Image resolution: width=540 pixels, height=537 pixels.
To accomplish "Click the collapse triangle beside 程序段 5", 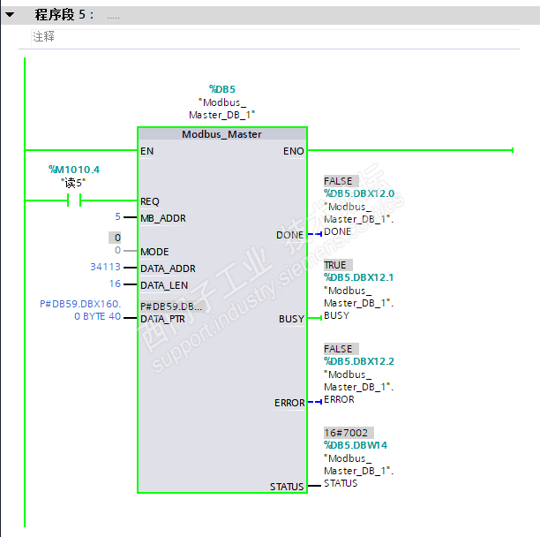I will [x=10, y=15].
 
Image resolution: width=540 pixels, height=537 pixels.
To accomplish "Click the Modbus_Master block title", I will [x=221, y=134].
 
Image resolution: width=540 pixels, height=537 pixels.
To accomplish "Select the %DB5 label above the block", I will [x=221, y=89].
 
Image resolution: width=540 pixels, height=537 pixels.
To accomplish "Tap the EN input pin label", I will [x=146, y=151].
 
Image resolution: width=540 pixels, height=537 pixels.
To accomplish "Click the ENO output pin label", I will [x=293, y=151].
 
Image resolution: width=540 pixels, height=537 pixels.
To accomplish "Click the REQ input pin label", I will [x=150, y=201].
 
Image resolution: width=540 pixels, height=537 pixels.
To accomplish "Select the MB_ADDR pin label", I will [x=163, y=217].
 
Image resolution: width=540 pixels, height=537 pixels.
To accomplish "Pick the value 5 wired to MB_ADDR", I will [x=117, y=217].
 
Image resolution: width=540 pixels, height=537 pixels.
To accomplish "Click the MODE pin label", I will [x=154, y=252].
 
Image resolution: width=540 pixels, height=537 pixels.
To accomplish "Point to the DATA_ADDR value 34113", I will [x=105, y=268].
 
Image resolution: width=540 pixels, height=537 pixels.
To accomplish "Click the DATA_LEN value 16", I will [x=115, y=284].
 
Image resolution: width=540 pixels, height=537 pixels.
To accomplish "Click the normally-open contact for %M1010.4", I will [x=74, y=200].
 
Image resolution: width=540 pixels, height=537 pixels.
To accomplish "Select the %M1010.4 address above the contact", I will [x=74, y=169].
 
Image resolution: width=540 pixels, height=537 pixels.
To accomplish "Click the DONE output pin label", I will [x=289, y=235].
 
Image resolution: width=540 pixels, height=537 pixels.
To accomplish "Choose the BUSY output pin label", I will [x=291, y=319].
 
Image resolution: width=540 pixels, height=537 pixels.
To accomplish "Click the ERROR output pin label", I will [x=289, y=403].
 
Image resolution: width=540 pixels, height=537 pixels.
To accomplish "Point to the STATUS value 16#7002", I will [x=346, y=434].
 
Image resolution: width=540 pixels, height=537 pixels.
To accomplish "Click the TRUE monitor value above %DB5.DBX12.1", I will [x=335, y=265].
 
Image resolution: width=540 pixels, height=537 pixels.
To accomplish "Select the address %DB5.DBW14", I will [x=355, y=446].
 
